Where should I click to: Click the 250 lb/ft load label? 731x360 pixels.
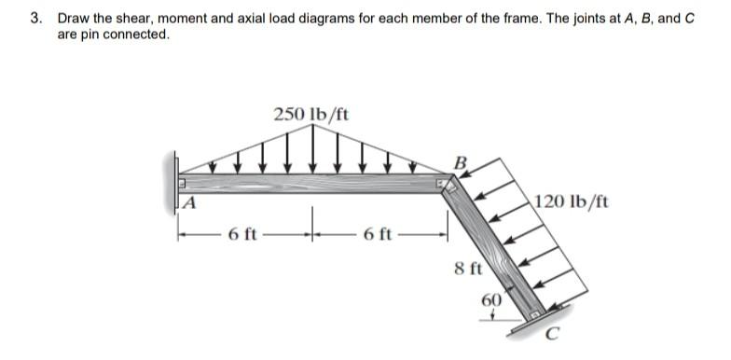pos(311,115)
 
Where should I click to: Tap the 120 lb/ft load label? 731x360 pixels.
pos(571,201)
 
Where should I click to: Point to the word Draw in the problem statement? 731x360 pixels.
pos(74,18)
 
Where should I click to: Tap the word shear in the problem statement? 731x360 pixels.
pos(134,18)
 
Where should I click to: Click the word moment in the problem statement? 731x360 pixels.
pos(187,18)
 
